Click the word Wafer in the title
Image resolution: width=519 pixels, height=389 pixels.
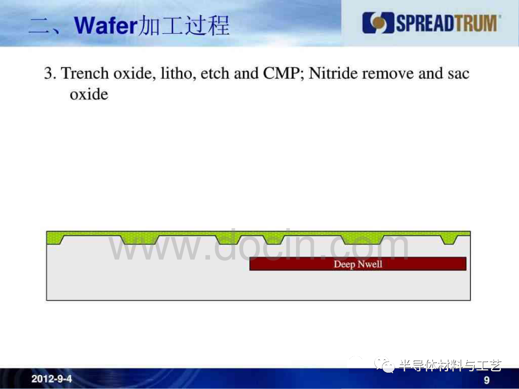coord(106,25)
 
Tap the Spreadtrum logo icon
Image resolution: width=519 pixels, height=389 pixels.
coord(378,23)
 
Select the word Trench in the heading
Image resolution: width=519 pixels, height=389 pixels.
coord(85,73)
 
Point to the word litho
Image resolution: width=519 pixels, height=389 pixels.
coord(176,73)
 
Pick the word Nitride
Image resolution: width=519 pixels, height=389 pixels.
coord(333,73)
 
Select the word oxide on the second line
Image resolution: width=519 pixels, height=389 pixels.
coord(89,94)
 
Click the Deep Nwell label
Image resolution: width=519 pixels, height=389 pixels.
coord(358,264)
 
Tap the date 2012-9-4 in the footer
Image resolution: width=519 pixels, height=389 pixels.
coord(51,378)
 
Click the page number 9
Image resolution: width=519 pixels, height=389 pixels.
coord(486,380)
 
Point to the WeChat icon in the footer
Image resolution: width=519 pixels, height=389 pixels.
coord(384,365)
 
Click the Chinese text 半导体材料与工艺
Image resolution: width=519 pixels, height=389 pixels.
coord(450,365)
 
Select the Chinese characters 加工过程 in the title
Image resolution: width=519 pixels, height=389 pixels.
coord(184,25)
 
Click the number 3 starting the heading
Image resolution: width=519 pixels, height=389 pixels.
coord(49,73)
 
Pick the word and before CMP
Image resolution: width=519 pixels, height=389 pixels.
coord(246,73)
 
